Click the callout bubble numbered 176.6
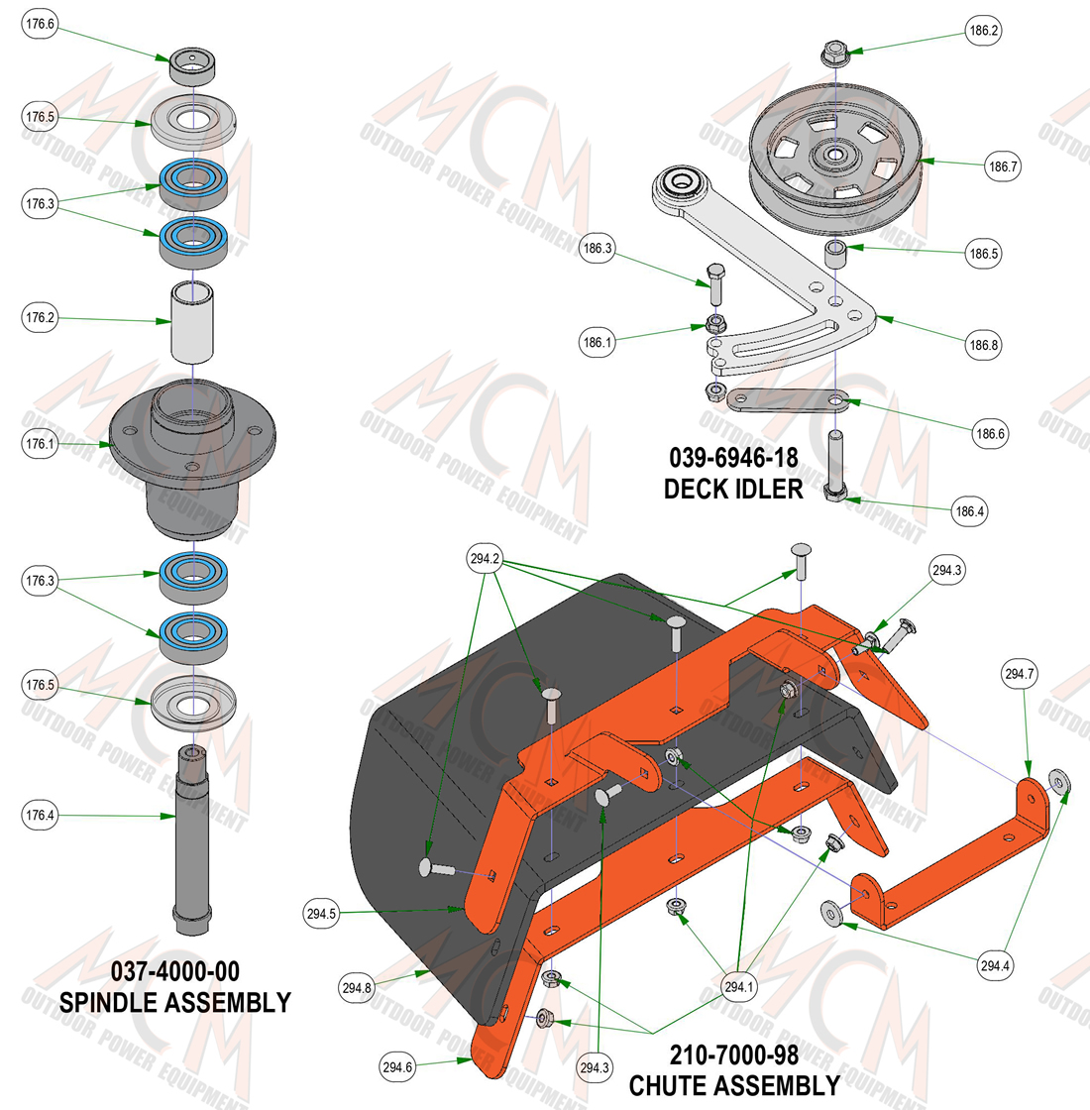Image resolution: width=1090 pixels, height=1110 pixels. [x=40, y=24]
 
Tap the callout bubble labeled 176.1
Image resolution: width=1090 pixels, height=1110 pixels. [x=40, y=444]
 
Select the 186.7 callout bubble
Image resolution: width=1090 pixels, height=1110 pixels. [x=1003, y=166]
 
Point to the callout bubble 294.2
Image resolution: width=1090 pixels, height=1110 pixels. [x=485, y=559]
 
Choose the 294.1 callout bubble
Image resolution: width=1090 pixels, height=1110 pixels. [x=739, y=986]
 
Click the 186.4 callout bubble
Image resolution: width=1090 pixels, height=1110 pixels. [x=970, y=511]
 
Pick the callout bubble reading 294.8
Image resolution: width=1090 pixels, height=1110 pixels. [x=357, y=987]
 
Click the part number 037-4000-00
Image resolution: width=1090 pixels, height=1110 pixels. [x=174, y=971]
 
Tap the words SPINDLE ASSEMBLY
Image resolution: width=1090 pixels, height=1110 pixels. [x=174, y=1002]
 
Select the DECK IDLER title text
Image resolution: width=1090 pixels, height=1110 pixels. [x=733, y=490]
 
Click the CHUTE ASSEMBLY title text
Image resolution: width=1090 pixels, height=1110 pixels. [x=734, y=1086]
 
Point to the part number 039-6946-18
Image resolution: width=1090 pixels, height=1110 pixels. [x=733, y=458]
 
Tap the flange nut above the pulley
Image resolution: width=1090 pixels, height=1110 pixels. [x=834, y=54]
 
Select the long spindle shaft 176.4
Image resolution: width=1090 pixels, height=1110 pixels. [x=192, y=839]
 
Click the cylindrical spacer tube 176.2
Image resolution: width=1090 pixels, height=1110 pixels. [x=192, y=321]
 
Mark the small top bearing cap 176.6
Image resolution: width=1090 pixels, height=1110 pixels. [x=192, y=65]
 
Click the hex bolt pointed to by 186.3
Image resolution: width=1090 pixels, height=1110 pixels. [x=715, y=284]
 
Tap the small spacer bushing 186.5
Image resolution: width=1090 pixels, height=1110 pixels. [x=836, y=255]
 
